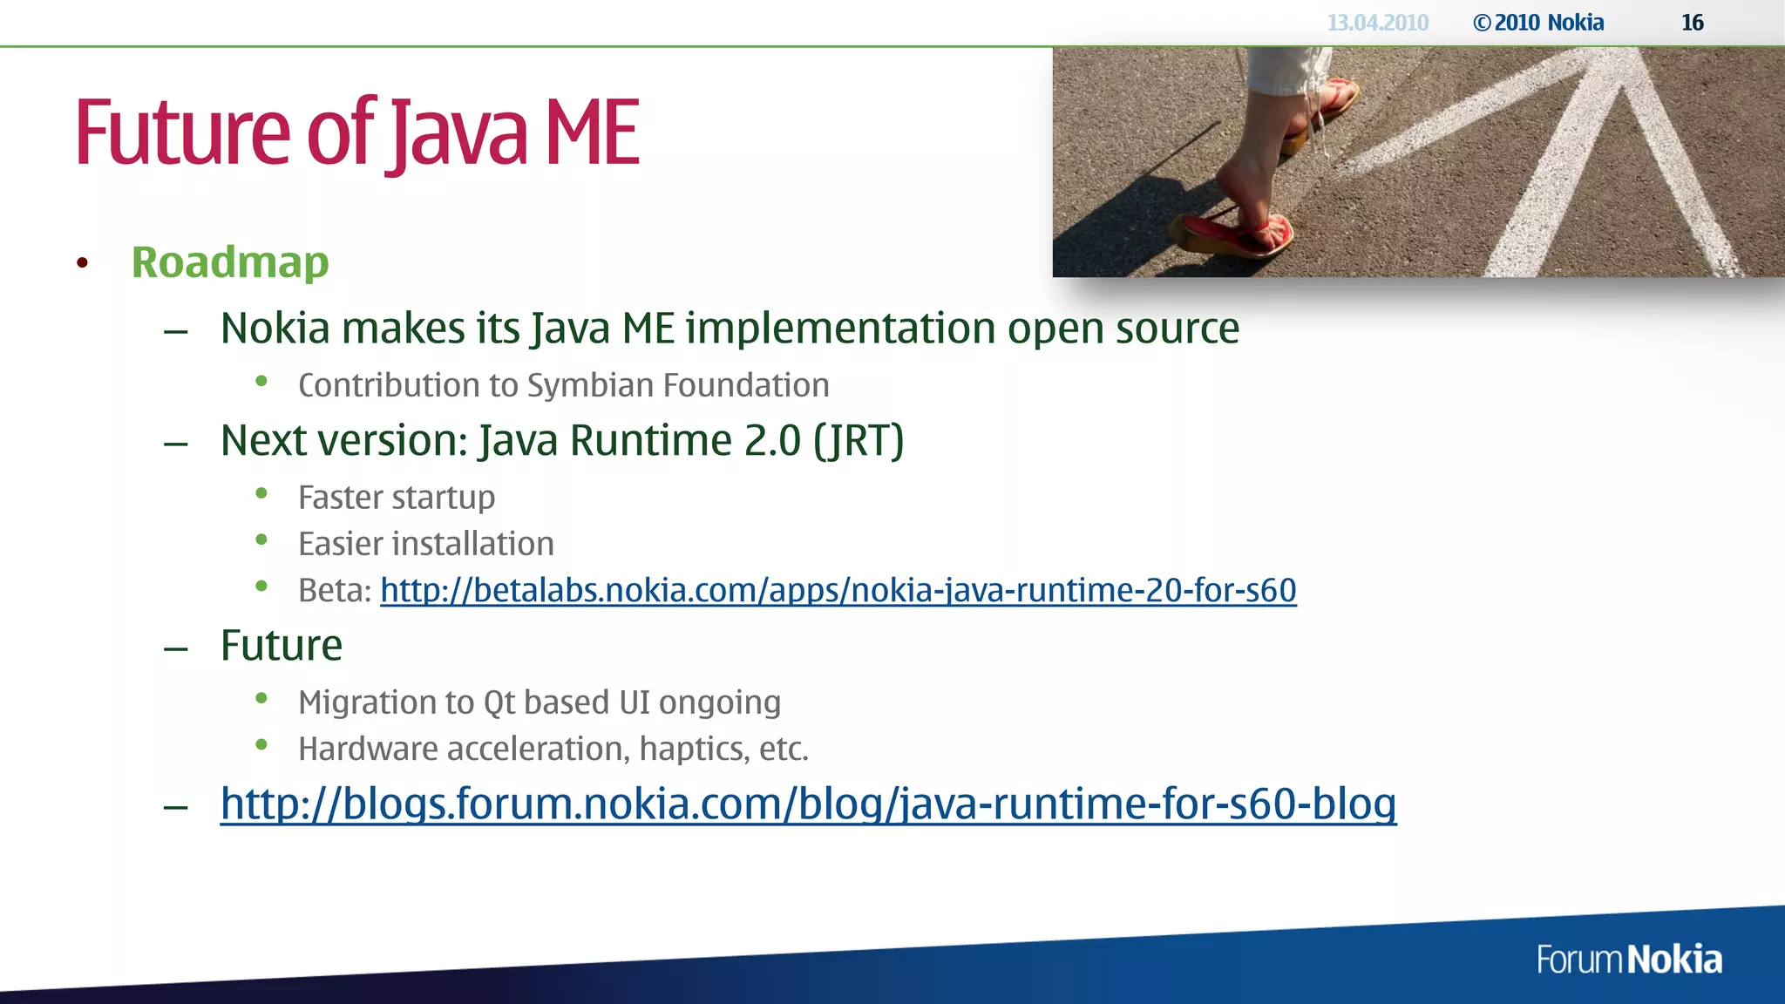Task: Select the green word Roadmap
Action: pos(230,262)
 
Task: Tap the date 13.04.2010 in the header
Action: pos(1377,23)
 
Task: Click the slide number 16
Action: pos(1692,23)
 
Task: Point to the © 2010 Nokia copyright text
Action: pos(1538,23)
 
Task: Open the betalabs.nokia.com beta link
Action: pos(838,591)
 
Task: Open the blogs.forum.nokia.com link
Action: pos(808,804)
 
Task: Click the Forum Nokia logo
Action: pos(1629,960)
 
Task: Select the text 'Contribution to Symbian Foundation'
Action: pos(563,385)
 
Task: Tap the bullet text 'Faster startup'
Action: pos(397,498)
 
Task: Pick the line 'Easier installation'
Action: pos(425,544)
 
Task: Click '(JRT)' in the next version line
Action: pos(859,441)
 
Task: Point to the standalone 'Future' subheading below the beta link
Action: pos(281,646)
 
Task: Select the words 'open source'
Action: pos(1123,329)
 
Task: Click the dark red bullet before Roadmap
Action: pos(83,263)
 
